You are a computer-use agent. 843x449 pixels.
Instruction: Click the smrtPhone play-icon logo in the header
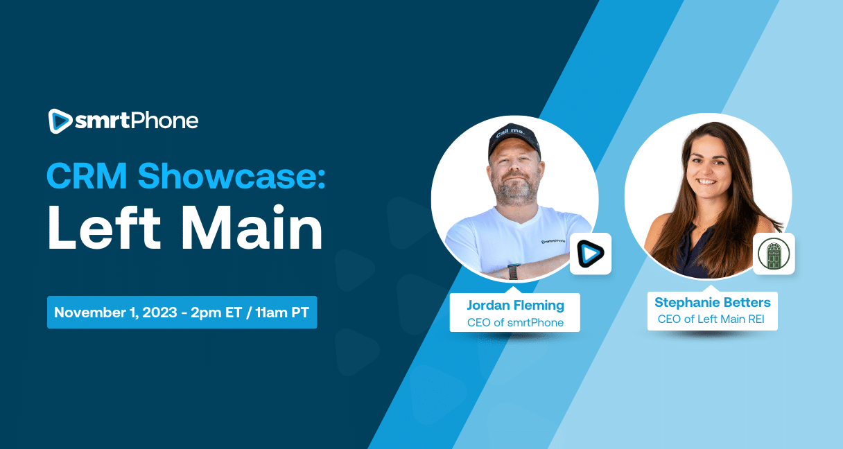[60, 121]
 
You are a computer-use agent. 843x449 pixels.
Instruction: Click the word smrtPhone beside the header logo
[137, 121]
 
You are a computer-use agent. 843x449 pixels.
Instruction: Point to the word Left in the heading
[98, 230]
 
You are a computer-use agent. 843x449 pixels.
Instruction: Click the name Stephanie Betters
[712, 302]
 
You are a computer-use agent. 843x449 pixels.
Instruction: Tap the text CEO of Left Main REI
[712, 319]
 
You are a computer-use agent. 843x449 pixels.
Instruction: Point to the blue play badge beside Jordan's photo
[591, 254]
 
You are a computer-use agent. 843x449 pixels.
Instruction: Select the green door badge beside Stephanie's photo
[774, 254]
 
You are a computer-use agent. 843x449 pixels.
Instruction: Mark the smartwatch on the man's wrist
[514, 270]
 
